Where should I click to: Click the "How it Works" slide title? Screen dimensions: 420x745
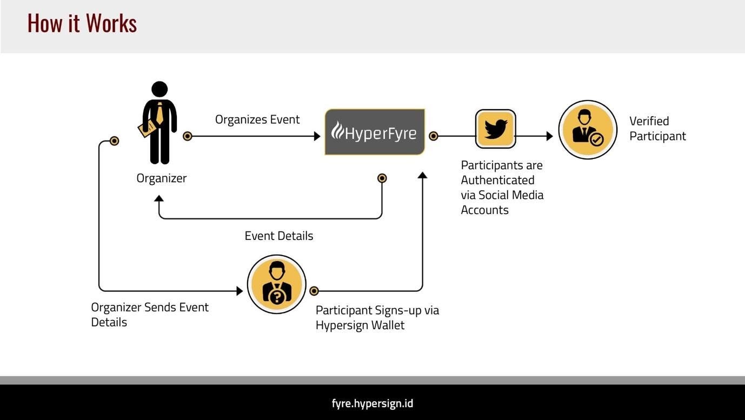[82, 23]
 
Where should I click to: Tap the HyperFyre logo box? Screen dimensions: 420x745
[375, 132]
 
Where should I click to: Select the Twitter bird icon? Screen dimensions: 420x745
[495, 129]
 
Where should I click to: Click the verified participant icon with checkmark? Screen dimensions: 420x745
[588, 130]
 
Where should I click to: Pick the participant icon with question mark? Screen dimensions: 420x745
[276, 284]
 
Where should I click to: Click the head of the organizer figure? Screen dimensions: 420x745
[159, 89]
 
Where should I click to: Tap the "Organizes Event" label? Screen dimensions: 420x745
[257, 119]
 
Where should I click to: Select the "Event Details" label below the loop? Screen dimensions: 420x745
[278, 236]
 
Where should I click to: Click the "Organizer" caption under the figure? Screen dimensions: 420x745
[161, 178]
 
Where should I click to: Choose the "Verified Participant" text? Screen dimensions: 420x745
[657, 129]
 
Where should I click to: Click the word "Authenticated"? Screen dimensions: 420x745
[497, 180]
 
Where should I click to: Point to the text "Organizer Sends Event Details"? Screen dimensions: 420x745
[149, 314]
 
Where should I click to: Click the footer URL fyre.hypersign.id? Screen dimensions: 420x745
[372, 403]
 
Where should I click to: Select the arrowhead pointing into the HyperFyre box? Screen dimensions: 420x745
[317, 136]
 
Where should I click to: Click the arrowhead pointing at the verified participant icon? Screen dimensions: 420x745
[550, 136]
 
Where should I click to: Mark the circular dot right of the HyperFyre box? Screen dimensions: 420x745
[433, 136]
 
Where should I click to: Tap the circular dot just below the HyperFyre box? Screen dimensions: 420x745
[382, 178]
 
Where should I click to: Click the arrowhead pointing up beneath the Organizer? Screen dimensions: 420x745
[159, 198]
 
